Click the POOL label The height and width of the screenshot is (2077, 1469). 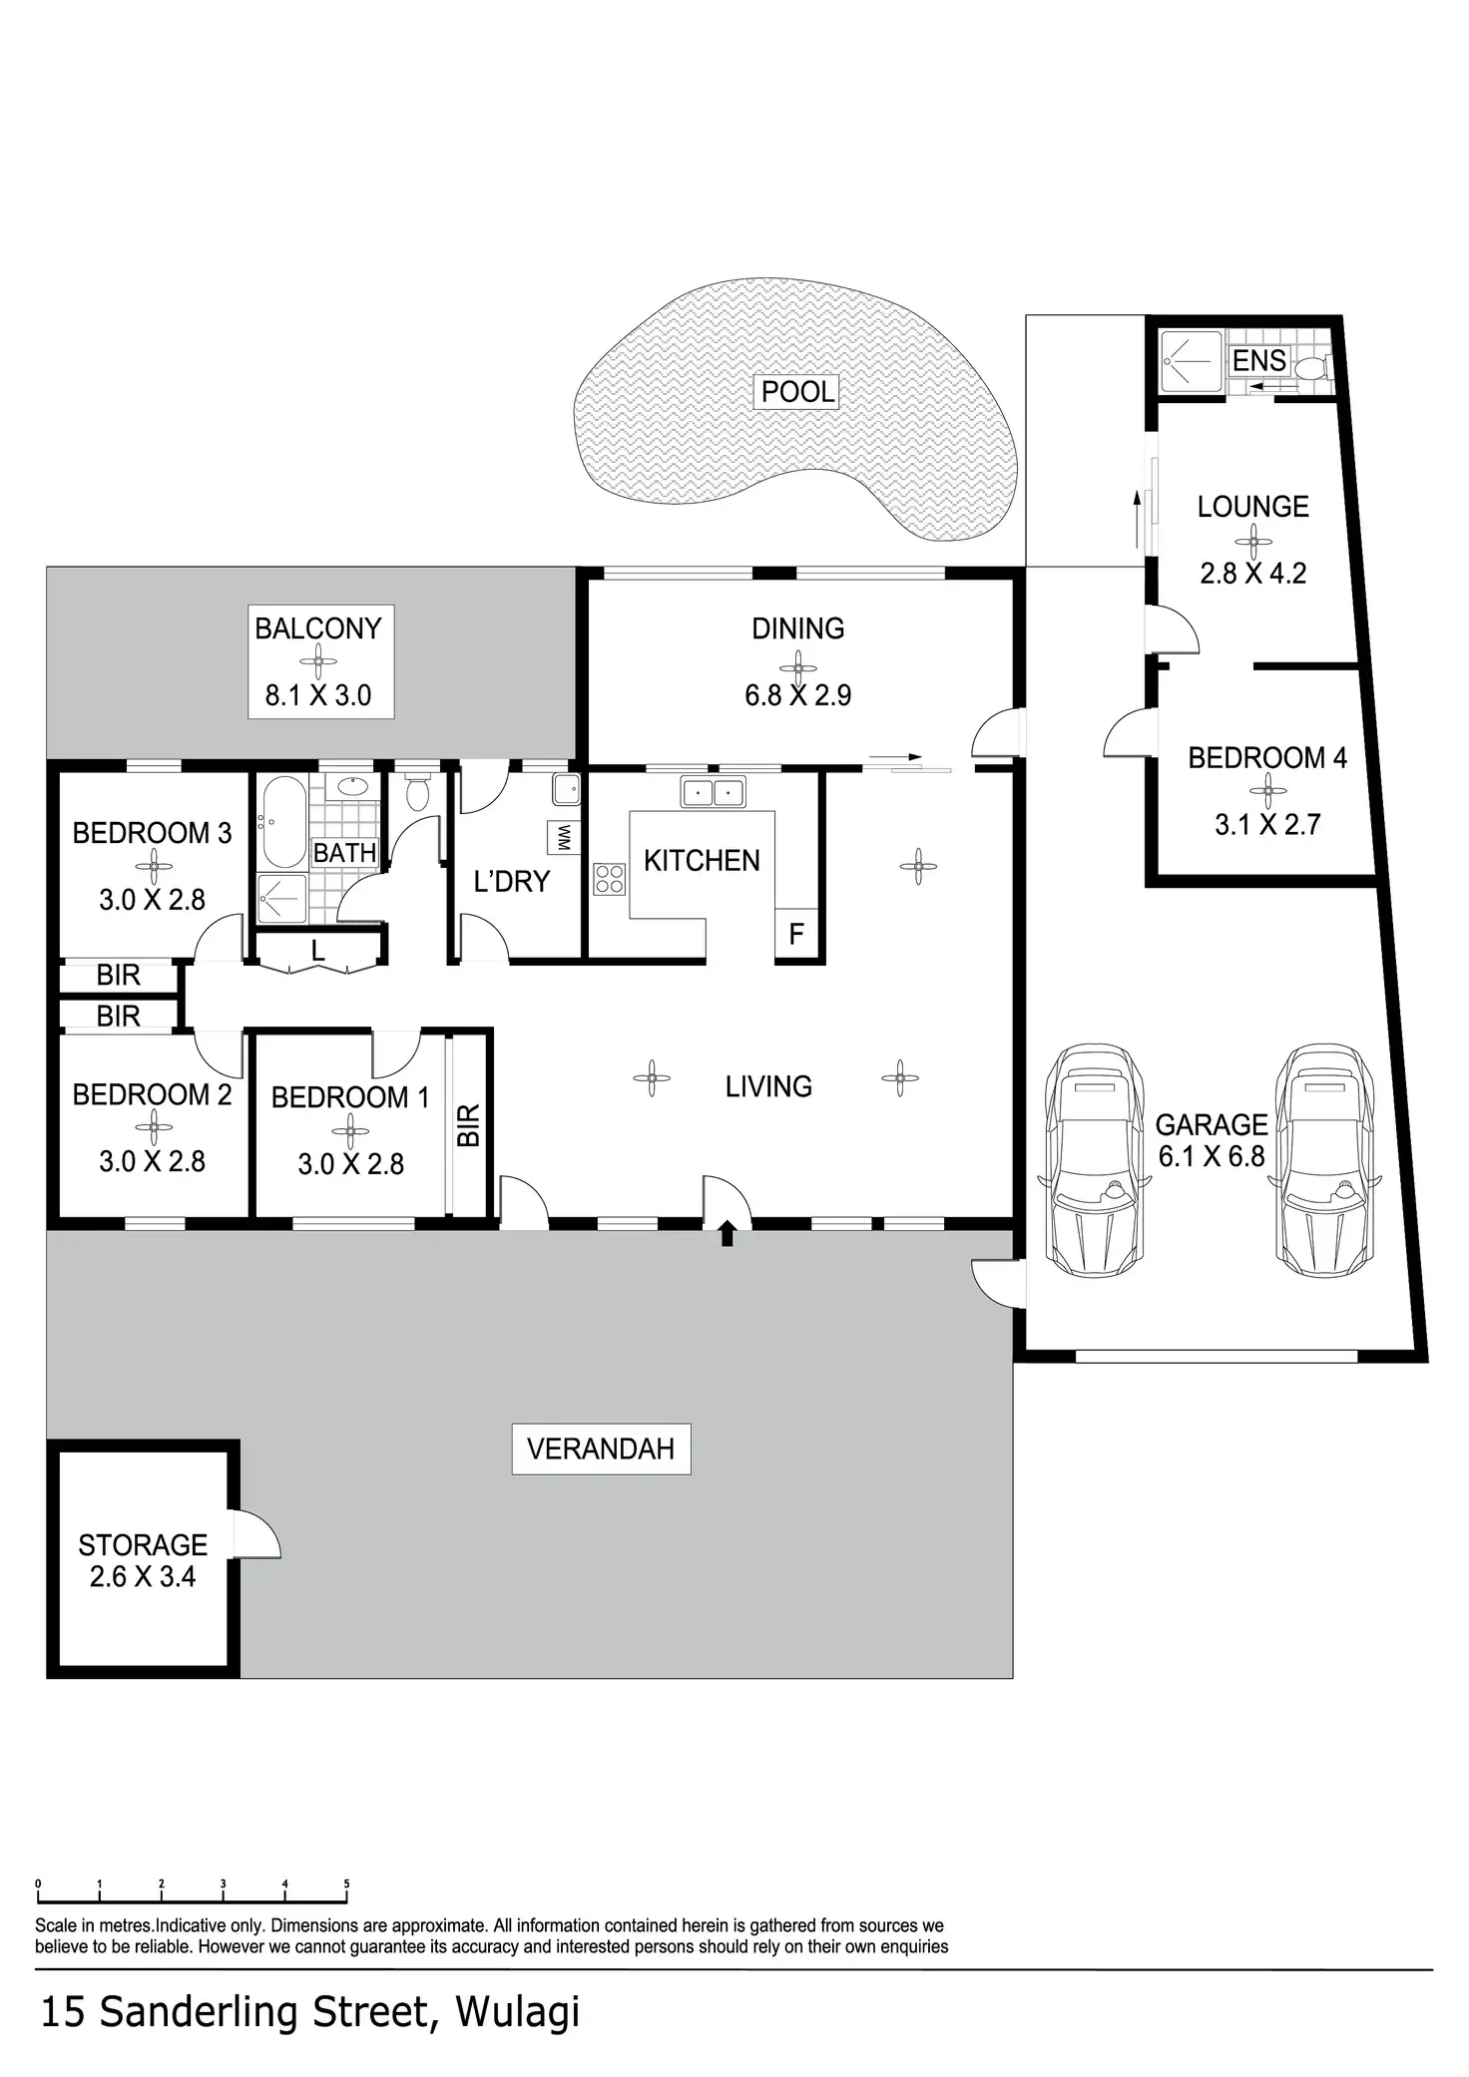pyautogui.click(x=797, y=391)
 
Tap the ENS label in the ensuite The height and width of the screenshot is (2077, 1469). pyautogui.click(x=1259, y=360)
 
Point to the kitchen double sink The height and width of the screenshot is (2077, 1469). pyautogui.click(x=713, y=792)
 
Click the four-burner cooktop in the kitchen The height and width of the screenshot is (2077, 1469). pyautogui.click(x=610, y=878)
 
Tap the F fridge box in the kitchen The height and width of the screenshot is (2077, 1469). pyautogui.click(x=796, y=935)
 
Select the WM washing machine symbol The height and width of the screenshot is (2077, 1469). pyautogui.click(x=563, y=838)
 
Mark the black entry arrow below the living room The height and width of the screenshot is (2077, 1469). pyautogui.click(x=727, y=1233)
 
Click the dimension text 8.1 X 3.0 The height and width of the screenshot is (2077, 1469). pyautogui.click(x=318, y=694)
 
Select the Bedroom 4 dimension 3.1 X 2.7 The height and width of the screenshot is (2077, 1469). pyautogui.click(x=1267, y=824)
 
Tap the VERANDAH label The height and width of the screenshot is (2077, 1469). pyautogui.click(x=601, y=1449)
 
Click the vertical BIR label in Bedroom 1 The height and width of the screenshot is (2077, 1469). pyautogui.click(x=467, y=1125)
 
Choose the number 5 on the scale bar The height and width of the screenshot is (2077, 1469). pyautogui.click(x=347, y=1884)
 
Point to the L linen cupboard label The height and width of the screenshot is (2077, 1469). pyautogui.click(x=317, y=951)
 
